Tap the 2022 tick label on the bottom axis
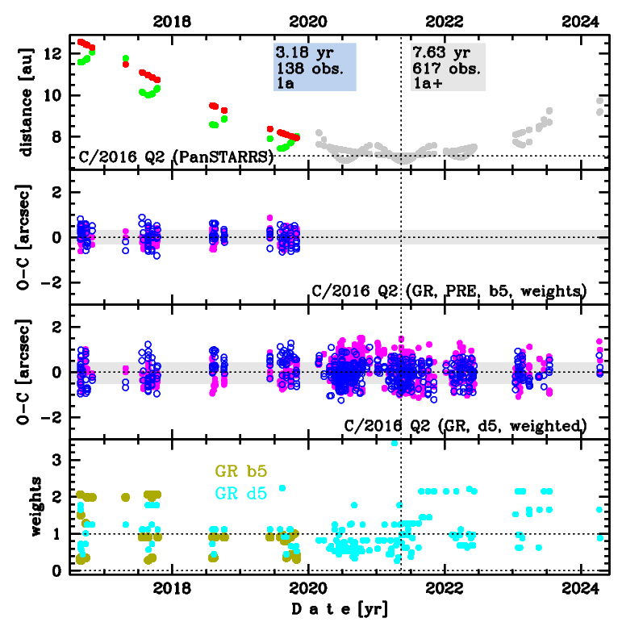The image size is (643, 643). click(446, 590)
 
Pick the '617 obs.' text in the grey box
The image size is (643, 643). click(442, 68)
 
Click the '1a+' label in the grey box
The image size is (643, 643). click(428, 82)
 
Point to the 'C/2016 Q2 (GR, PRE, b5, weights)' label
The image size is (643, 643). click(448, 290)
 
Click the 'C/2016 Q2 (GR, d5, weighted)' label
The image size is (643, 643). click(465, 425)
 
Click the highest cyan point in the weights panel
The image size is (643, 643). click(395, 443)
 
